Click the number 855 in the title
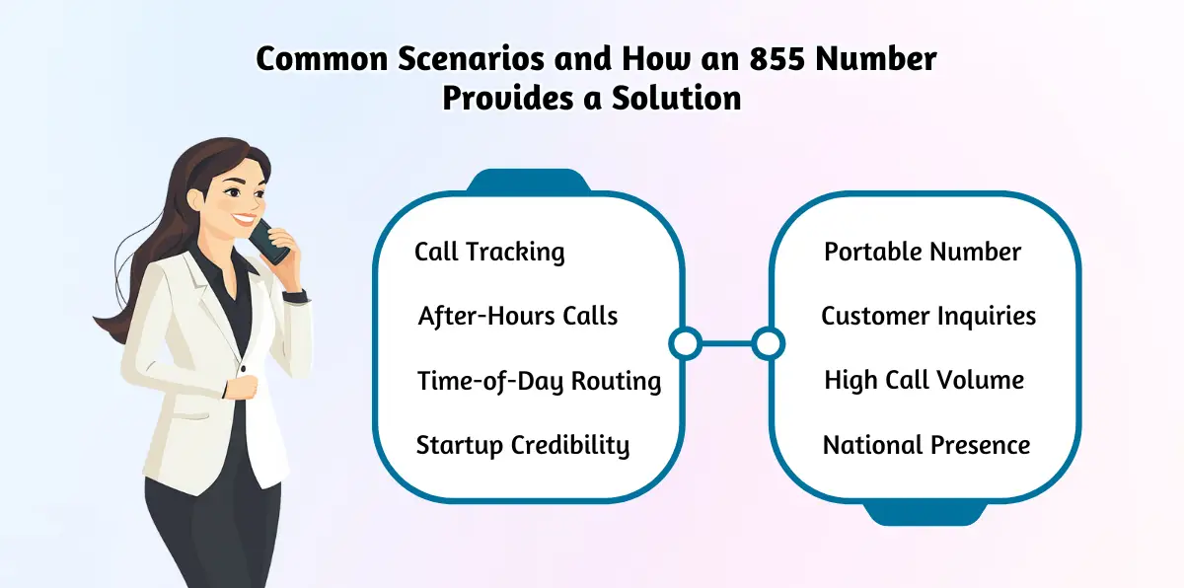coord(777,58)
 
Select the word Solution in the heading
coord(677,98)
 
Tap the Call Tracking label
coord(489,252)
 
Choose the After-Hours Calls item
coord(517,316)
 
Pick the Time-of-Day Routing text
coord(539,381)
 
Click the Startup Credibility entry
coord(523,445)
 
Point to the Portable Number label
coord(923,252)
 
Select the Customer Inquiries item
coord(928,316)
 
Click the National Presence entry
coord(926,445)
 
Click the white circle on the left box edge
coord(686,344)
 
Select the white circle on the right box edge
coord(768,344)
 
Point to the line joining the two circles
coord(727,344)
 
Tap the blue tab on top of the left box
coord(529,181)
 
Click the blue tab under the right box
coord(925,512)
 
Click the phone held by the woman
coord(269,242)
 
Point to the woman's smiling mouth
coord(243,219)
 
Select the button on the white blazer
coord(244,368)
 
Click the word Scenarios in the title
coord(471,58)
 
